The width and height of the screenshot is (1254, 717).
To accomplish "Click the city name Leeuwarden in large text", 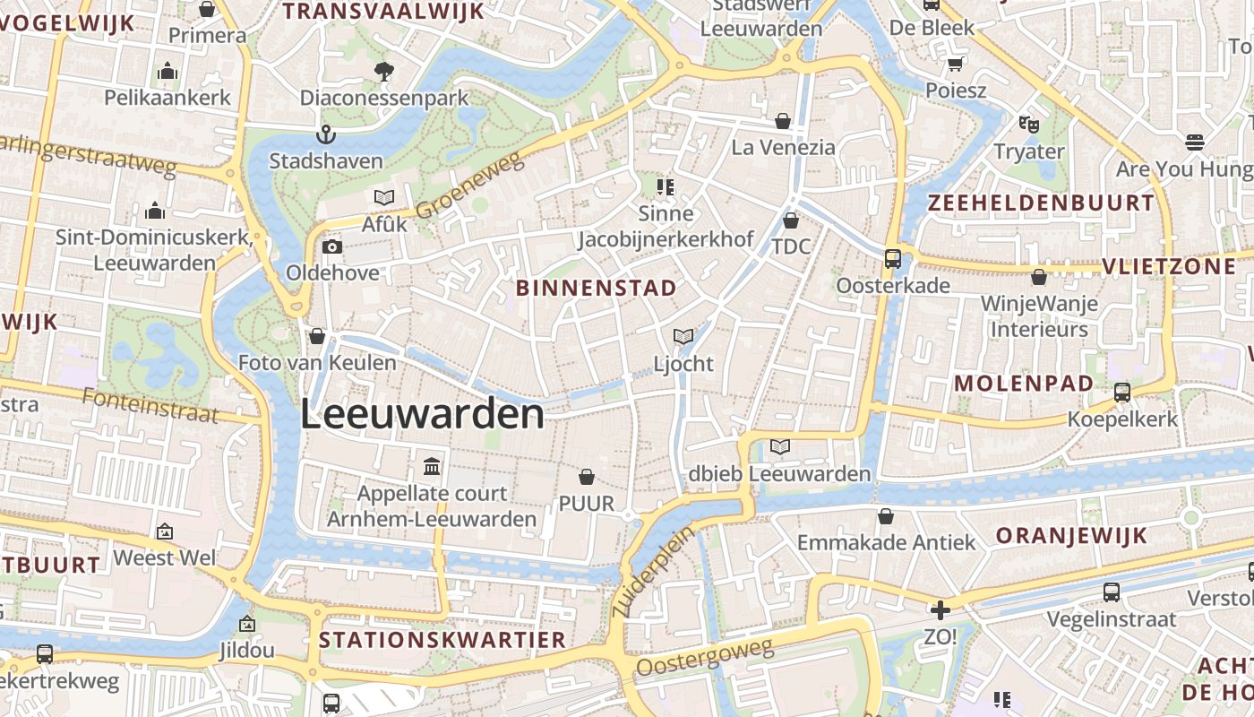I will [422, 415].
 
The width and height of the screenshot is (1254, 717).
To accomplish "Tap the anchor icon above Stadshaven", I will [326, 135].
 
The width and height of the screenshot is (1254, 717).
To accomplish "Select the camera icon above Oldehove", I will [331, 246].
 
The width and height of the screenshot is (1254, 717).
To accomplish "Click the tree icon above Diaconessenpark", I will [384, 71].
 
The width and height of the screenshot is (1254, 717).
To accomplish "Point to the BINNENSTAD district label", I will [597, 288].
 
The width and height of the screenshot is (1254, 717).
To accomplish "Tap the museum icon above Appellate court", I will [432, 466].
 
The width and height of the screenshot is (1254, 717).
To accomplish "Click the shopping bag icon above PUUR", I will [587, 477].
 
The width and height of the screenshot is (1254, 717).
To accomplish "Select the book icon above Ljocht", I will [683, 337].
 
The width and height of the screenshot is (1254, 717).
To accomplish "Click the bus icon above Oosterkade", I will [893, 259].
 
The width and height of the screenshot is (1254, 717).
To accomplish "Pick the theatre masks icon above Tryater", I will [1028, 125].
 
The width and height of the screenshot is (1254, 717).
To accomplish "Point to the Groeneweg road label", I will [468, 186].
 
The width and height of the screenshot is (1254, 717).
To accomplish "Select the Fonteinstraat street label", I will [150, 404].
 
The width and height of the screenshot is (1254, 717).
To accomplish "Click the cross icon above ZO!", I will [940, 611].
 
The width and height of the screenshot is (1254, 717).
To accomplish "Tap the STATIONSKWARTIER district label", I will [442, 640].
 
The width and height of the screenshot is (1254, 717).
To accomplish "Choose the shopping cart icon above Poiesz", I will [956, 65].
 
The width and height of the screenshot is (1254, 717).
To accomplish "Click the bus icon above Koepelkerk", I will [1122, 392].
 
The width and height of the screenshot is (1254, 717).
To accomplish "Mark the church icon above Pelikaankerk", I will [167, 72].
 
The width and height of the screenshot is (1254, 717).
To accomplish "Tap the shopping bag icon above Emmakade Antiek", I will [886, 516].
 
